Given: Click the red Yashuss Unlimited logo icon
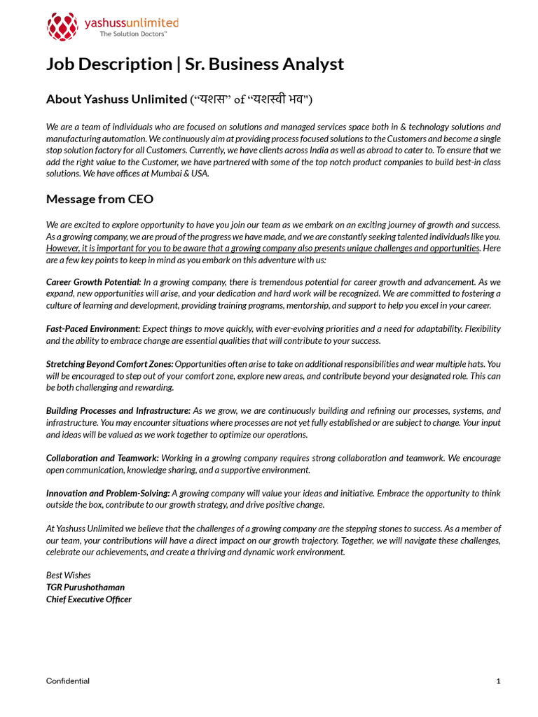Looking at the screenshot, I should [62, 27].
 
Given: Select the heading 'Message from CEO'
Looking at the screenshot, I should [99, 199].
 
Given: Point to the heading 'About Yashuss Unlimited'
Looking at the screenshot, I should [116, 99].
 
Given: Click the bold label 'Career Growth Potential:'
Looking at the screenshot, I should [94, 281].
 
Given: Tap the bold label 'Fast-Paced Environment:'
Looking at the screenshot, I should [93, 328].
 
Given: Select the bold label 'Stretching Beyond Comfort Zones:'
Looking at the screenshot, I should [109, 364].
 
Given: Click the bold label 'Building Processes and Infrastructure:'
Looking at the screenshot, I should [118, 410].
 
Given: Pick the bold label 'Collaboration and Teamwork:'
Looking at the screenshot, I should [102, 458].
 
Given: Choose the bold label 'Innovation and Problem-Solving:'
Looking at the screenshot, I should [108, 493].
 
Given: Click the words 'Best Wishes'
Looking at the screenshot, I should [69, 576].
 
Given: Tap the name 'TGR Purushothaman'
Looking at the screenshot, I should [85, 587].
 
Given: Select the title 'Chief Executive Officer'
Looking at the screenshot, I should [89, 599].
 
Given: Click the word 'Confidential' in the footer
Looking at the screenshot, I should [68, 681].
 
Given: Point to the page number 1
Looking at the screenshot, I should [498, 681].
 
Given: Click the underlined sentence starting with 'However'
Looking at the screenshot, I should [263, 249].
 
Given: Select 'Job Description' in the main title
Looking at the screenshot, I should [109, 64].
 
